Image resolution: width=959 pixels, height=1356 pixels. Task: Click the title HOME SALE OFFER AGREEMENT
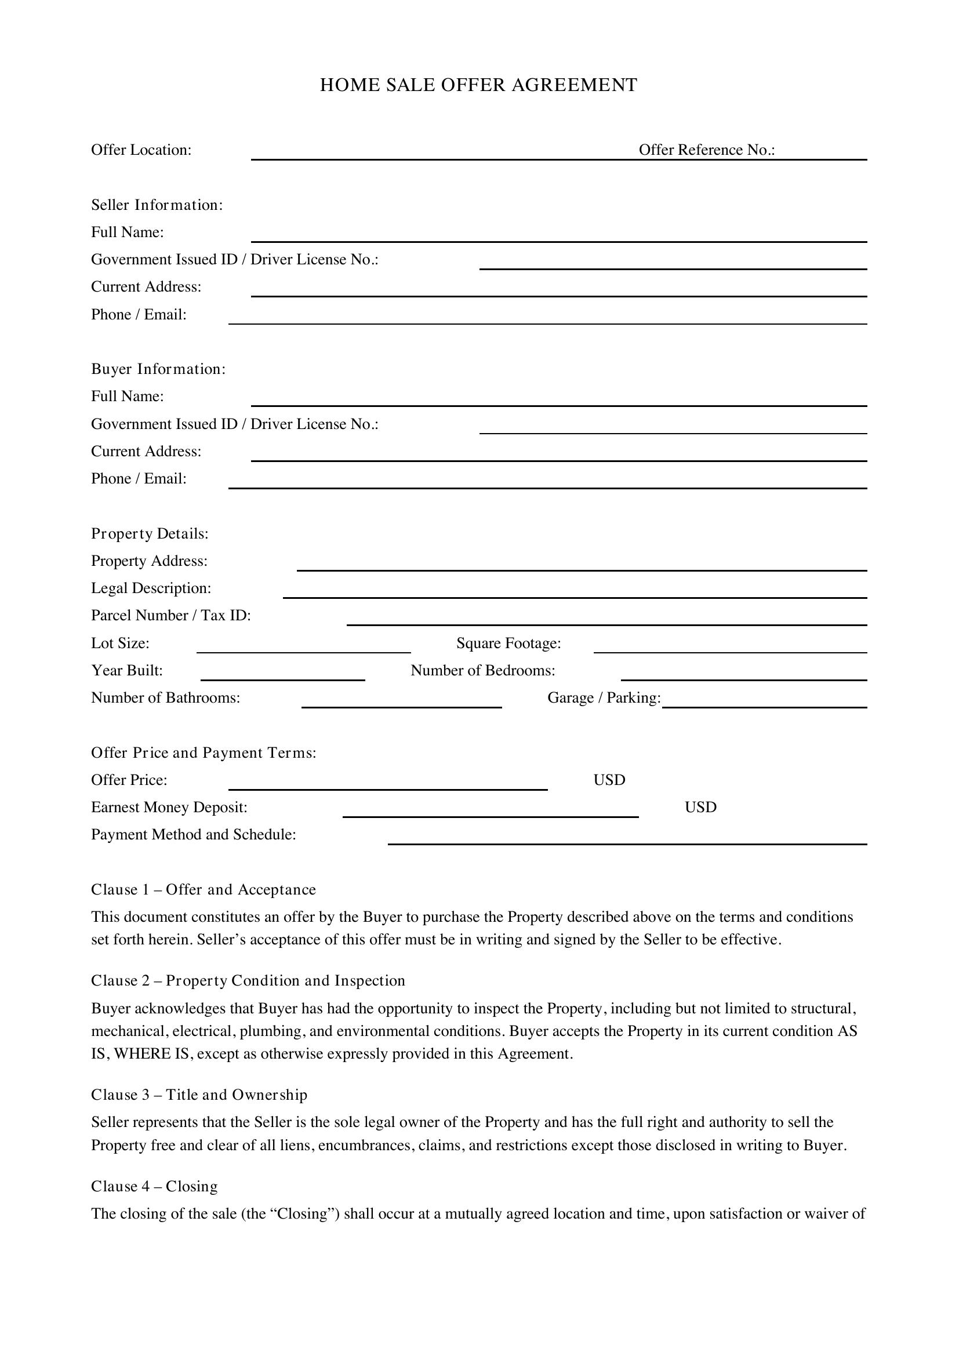pos(478,85)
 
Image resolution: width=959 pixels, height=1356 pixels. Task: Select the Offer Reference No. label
pos(706,150)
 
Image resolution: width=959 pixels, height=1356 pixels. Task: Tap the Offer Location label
pos(141,150)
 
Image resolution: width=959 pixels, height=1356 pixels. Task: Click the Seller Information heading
pos(157,205)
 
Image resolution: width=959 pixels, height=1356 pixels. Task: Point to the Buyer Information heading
pos(158,369)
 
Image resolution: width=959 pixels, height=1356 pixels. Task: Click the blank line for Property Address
pos(581,566)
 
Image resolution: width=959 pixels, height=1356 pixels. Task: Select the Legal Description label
pos(151,588)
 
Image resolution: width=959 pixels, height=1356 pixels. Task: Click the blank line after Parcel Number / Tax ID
pos(606,620)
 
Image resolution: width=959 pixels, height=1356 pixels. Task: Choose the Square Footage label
pos(508,643)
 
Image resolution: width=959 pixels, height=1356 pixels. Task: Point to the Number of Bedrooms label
pos(482,670)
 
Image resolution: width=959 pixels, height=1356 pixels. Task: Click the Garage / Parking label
pos(604,698)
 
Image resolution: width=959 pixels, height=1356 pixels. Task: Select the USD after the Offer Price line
pos(609,780)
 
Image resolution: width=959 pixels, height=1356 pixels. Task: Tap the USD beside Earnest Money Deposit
pos(700,808)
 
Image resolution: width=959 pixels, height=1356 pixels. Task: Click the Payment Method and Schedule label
pos(193,834)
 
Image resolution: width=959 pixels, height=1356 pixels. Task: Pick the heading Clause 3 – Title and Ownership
pos(199,1095)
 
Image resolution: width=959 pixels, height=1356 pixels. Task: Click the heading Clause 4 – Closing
pos(154,1187)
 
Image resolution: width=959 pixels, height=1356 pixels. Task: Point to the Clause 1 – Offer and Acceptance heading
pos(203,889)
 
